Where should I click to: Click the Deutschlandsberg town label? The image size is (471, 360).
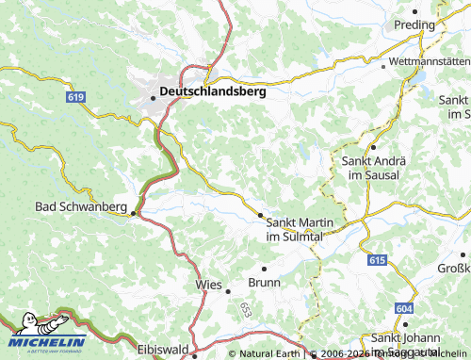pyautogui.click(x=214, y=92)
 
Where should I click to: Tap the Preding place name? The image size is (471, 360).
pyautogui.click(x=414, y=25)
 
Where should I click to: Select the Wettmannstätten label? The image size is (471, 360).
pyautogui.click(x=430, y=64)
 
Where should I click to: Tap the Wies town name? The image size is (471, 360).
pyautogui.click(x=208, y=283)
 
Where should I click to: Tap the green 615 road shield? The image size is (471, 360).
pyautogui.click(x=378, y=259)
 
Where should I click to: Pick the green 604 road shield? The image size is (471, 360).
pyautogui.click(x=403, y=308)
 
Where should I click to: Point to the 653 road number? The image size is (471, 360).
pyautogui.click(x=245, y=308)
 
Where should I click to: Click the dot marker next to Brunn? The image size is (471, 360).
pyautogui.click(x=264, y=269)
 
